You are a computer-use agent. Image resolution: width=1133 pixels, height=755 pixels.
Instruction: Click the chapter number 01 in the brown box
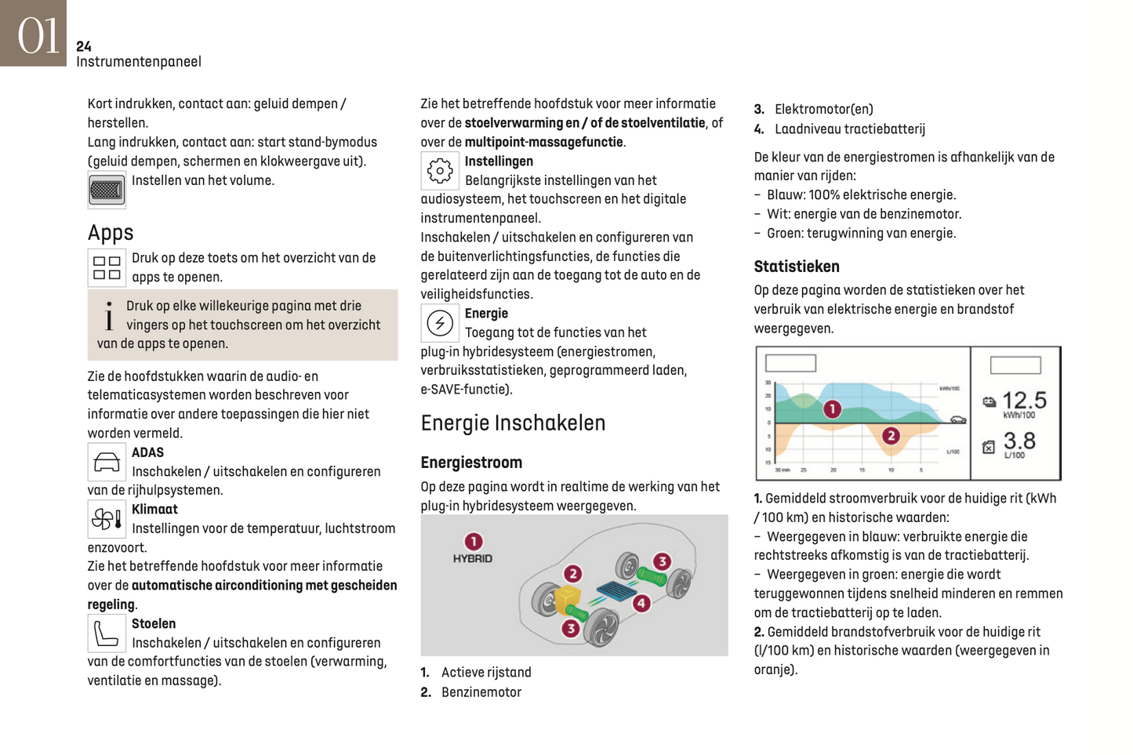point(37,36)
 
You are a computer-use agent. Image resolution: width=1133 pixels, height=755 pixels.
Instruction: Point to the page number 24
point(84,47)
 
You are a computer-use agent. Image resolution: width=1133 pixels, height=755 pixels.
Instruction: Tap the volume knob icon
point(107,190)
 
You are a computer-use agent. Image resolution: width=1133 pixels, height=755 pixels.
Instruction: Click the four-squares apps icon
point(107,267)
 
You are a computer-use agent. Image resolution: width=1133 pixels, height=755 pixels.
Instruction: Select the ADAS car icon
point(107,463)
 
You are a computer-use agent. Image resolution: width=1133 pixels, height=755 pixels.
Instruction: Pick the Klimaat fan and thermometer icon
point(107,519)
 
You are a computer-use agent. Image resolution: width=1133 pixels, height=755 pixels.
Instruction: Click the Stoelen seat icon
point(107,633)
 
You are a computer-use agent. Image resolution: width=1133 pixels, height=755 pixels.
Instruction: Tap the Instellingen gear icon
point(440,171)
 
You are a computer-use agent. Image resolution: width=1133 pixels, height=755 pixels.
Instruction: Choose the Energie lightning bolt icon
point(440,323)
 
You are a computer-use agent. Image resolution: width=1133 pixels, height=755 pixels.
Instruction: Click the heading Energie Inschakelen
point(513,423)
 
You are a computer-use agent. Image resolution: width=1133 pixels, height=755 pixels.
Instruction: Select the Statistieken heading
point(797,267)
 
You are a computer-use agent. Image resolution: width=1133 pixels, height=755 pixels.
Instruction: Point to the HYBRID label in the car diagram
point(472,559)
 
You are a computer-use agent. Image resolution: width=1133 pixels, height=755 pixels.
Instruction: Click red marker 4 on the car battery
point(641,603)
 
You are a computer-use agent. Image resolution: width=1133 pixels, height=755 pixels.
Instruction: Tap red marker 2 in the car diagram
point(573,574)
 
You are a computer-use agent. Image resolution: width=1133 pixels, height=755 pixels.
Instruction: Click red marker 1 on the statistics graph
point(832,408)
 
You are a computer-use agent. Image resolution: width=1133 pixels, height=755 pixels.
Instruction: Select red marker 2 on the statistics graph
point(891,436)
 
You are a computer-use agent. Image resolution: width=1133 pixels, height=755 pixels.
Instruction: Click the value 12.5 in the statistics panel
point(1024,401)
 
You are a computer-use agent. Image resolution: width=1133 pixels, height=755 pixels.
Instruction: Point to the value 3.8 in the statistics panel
point(1019,441)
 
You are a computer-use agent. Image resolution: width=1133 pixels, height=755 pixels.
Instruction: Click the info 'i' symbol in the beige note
point(109,316)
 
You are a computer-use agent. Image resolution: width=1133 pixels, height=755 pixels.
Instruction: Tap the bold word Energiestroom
point(471,463)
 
